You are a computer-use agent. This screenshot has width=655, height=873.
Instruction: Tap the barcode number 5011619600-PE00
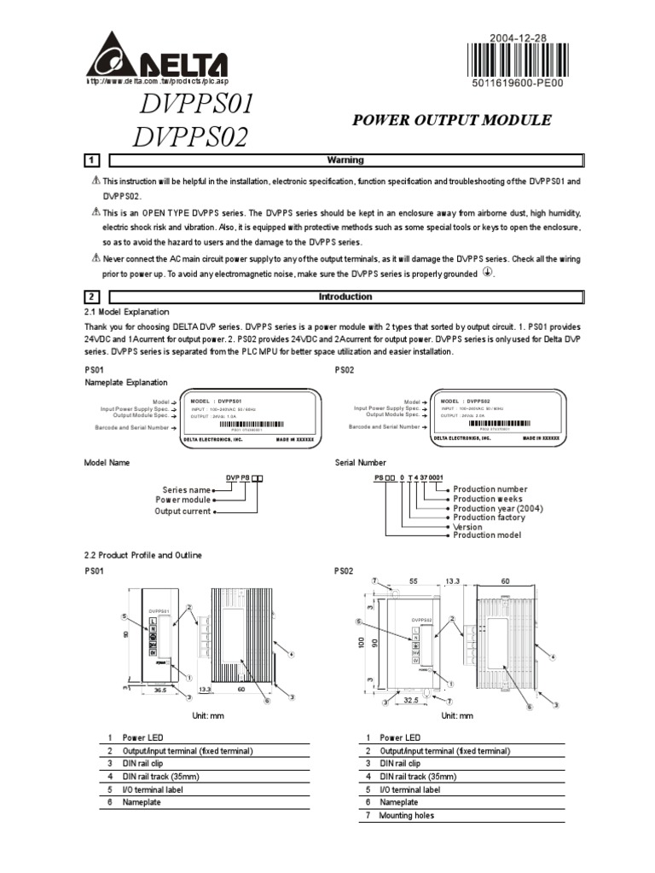[519, 84]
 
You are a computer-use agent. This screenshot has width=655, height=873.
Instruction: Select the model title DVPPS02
[191, 136]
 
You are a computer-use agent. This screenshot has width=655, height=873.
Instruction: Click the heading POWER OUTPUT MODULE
[452, 120]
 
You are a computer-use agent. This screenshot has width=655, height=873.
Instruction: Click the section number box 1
[92, 160]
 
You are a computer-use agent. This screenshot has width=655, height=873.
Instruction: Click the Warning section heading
[345, 160]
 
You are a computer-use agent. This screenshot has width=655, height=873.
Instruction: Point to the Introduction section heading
[345, 297]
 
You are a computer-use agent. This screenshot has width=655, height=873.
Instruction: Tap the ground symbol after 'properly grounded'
[488, 273]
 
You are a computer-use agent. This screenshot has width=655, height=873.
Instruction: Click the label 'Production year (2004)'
[497, 508]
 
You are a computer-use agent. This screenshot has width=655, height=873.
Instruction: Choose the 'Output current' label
[182, 512]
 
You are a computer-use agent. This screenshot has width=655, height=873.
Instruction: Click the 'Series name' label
[186, 490]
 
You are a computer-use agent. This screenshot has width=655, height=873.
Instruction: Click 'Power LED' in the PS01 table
[142, 737]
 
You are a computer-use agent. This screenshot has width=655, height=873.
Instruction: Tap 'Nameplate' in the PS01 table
[142, 802]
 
